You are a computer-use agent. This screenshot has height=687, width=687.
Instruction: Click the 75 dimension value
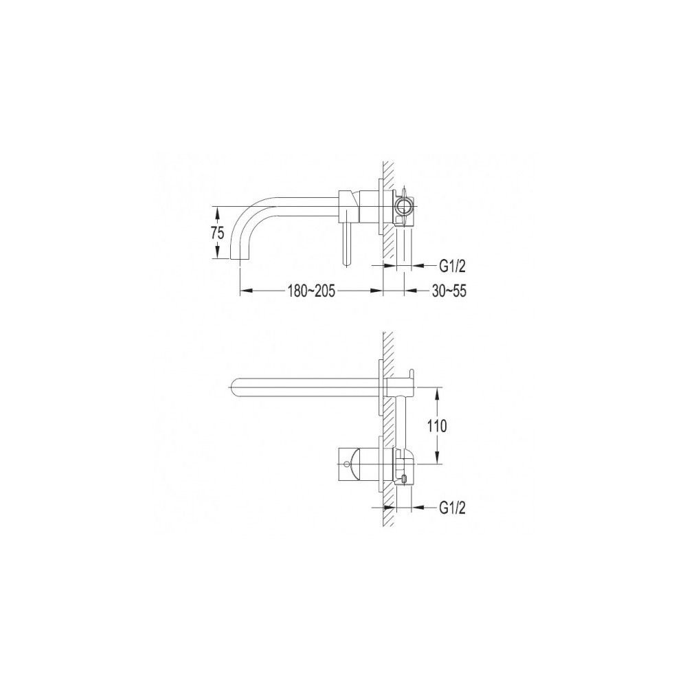coord(218,233)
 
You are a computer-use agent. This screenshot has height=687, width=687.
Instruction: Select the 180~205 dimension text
coord(311,291)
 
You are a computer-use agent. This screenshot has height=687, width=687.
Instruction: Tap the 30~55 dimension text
coord(449,291)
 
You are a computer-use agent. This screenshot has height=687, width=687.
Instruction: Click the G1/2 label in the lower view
coord(452,508)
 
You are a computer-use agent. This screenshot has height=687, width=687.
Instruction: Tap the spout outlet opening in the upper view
coord(240,259)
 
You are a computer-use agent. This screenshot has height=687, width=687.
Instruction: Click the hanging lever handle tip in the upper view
coord(346,264)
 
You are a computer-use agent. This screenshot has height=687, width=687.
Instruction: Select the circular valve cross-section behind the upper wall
coord(404,205)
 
